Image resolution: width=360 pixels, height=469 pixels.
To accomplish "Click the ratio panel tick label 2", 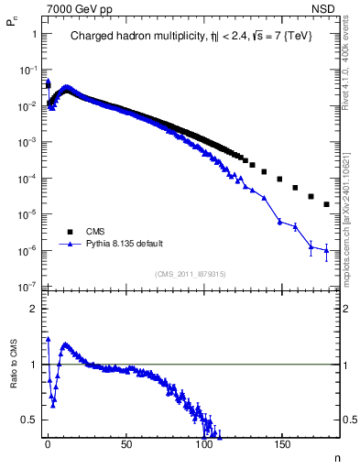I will coord(33,309).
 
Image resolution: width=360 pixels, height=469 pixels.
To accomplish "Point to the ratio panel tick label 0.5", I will coord(29,420).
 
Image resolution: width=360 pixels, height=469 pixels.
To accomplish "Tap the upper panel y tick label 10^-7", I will coord(27,287).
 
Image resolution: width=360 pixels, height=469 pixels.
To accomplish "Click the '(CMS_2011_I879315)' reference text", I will coord(191,274).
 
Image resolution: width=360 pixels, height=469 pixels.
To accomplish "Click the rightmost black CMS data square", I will coord(327,205).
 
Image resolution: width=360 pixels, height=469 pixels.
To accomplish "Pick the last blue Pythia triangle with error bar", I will coord(327,249).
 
